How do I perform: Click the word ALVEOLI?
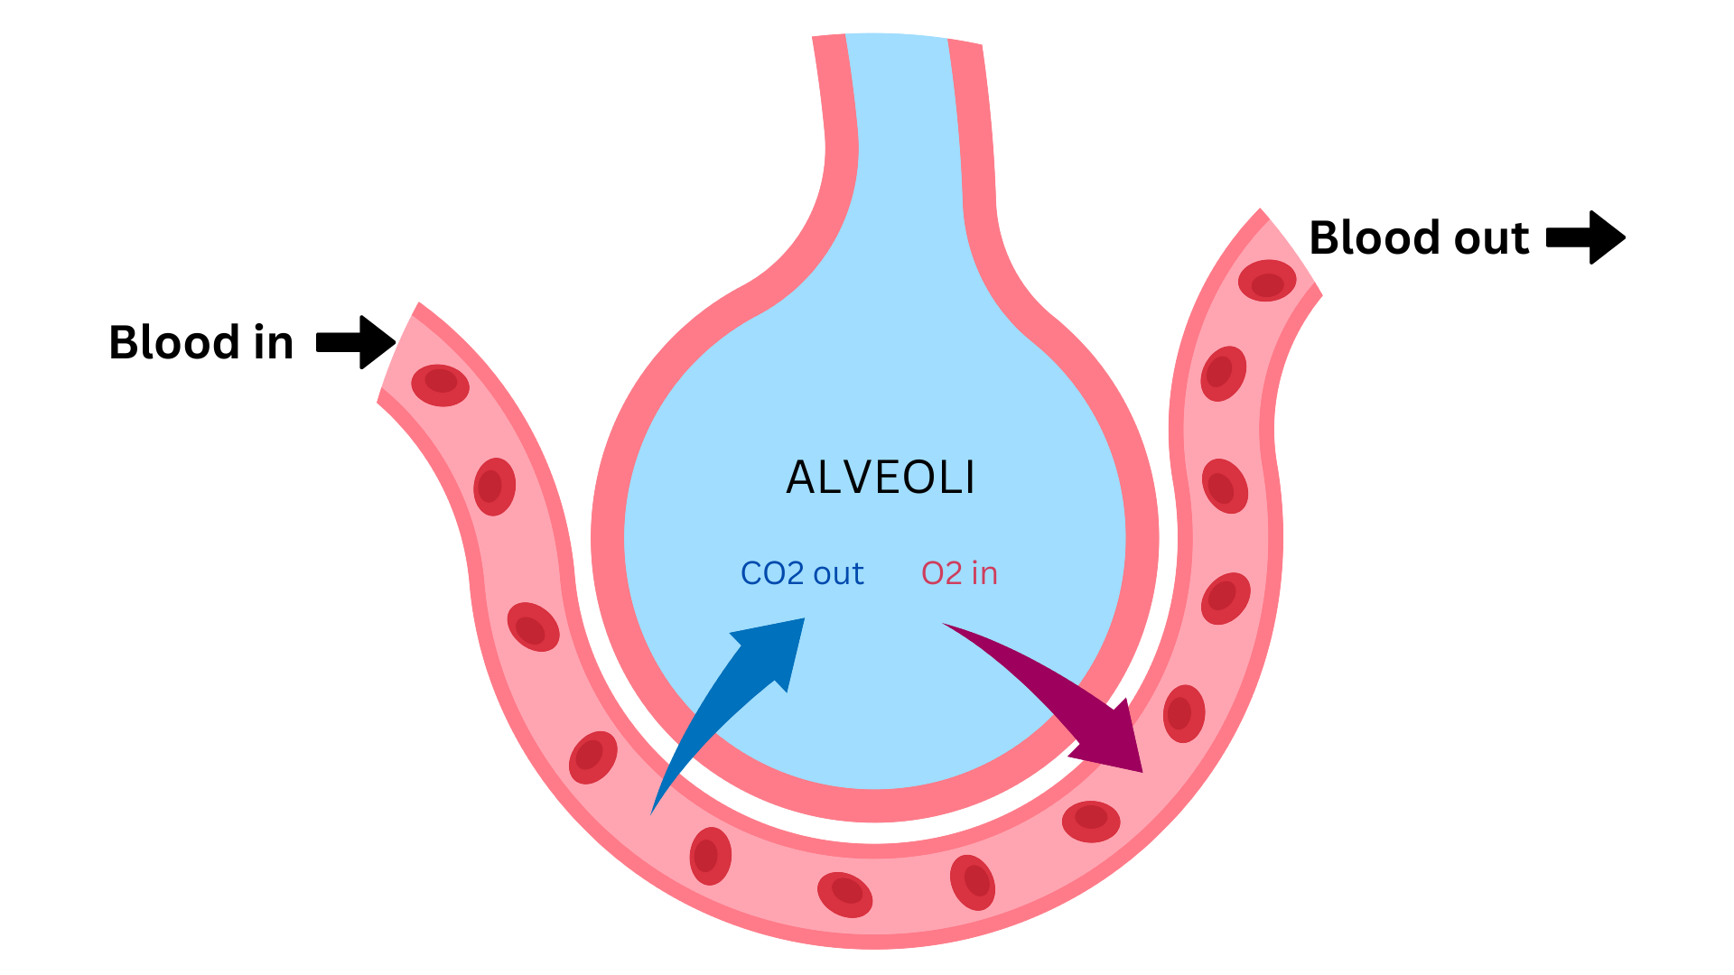[x=881, y=478]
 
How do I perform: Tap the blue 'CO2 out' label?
[x=802, y=573]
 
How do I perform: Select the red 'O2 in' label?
[x=959, y=573]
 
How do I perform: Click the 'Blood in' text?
[x=200, y=343]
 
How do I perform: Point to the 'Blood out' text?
[x=1419, y=238]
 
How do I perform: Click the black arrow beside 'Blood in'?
[x=356, y=342]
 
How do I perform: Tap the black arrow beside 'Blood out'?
[x=1586, y=237]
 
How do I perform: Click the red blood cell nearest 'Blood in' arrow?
[x=440, y=385]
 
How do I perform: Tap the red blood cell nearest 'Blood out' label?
[x=1266, y=281]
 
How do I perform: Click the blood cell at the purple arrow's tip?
[x=1183, y=713]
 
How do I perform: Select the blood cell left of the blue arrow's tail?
[x=592, y=757]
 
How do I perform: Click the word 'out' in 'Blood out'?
[x=1491, y=238]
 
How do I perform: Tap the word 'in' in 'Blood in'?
[x=274, y=343]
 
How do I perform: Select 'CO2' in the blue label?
[x=772, y=573]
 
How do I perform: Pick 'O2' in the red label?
[x=942, y=573]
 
